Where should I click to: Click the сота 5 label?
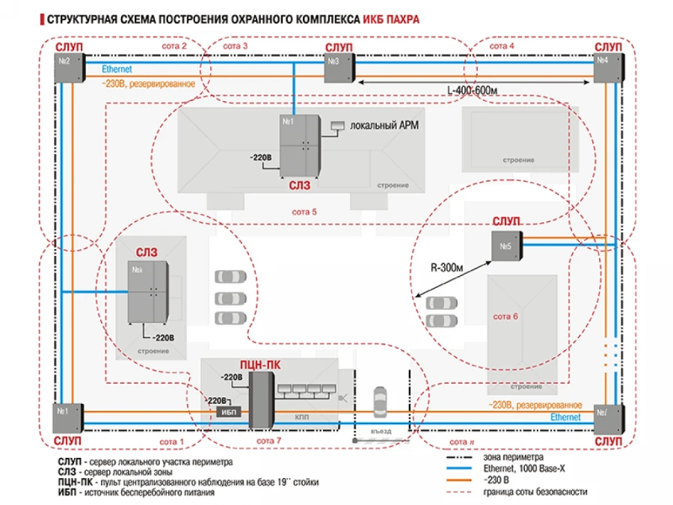pyautogui.click(x=304, y=212)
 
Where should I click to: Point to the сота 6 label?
pyautogui.click(x=505, y=316)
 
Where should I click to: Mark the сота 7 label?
pyautogui.click(x=268, y=441)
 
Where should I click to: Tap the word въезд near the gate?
pyautogui.click(x=381, y=432)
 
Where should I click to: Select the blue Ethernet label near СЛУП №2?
pyautogui.click(x=116, y=68)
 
